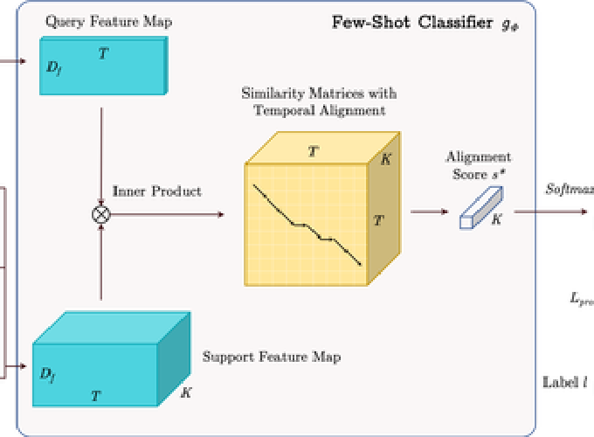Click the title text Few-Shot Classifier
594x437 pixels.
click(x=413, y=23)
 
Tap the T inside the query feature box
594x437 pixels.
click(x=103, y=54)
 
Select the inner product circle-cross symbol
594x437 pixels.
click(x=102, y=214)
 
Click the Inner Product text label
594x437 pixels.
click(x=157, y=191)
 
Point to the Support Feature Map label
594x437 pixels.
click(x=272, y=357)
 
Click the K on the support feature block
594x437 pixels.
click(x=185, y=392)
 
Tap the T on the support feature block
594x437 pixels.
click(x=95, y=396)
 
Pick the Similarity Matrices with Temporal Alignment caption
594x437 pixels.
click(x=319, y=101)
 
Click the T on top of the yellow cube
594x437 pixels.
click(x=313, y=152)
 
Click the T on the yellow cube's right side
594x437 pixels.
click(x=377, y=221)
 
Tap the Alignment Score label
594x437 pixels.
click(x=479, y=165)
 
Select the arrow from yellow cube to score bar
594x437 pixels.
click(x=428, y=211)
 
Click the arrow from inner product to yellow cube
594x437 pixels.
click(x=166, y=214)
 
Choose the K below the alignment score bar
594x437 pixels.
click(x=496, y=220)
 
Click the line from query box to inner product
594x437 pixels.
click(x=102, y=153)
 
